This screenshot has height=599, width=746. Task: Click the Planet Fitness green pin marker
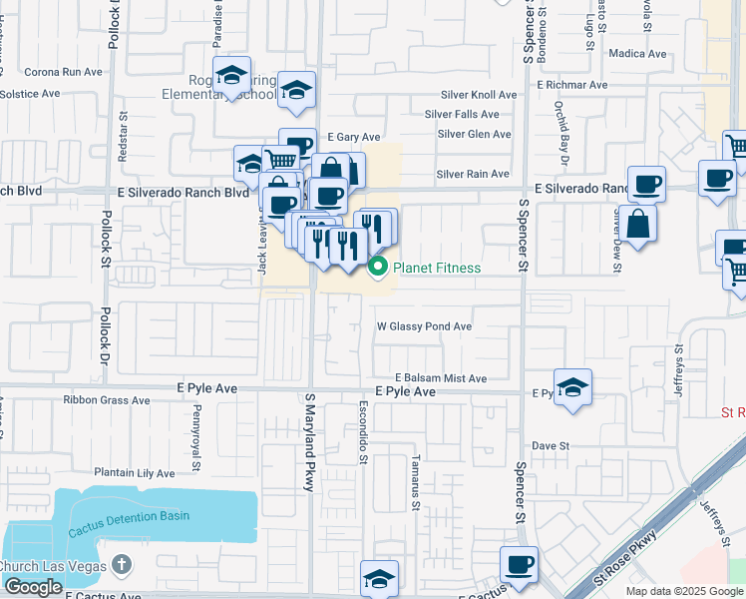click(x=378, y=267)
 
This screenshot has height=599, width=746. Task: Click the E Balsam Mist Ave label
click(x=440, y=378)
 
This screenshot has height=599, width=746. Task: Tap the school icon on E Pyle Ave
click(x=572, y=388)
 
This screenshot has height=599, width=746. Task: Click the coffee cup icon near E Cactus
click(x=519, y=565)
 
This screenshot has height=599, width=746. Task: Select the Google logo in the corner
click(x=33, y=587)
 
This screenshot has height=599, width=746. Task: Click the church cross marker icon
click(x=122, y=566)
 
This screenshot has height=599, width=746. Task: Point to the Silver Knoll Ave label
click(x=479, y=95)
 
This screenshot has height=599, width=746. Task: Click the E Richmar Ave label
click(x=571, y=85)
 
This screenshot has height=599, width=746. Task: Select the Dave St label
click(x=550, y=445)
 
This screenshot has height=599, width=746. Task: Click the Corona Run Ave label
click(x=64, y=72)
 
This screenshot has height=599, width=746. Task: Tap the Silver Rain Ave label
click(x=474, y=174)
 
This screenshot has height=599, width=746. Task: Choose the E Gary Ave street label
click(x=353, y=137)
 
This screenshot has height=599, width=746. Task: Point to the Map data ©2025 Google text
click(x=682, y=591)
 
